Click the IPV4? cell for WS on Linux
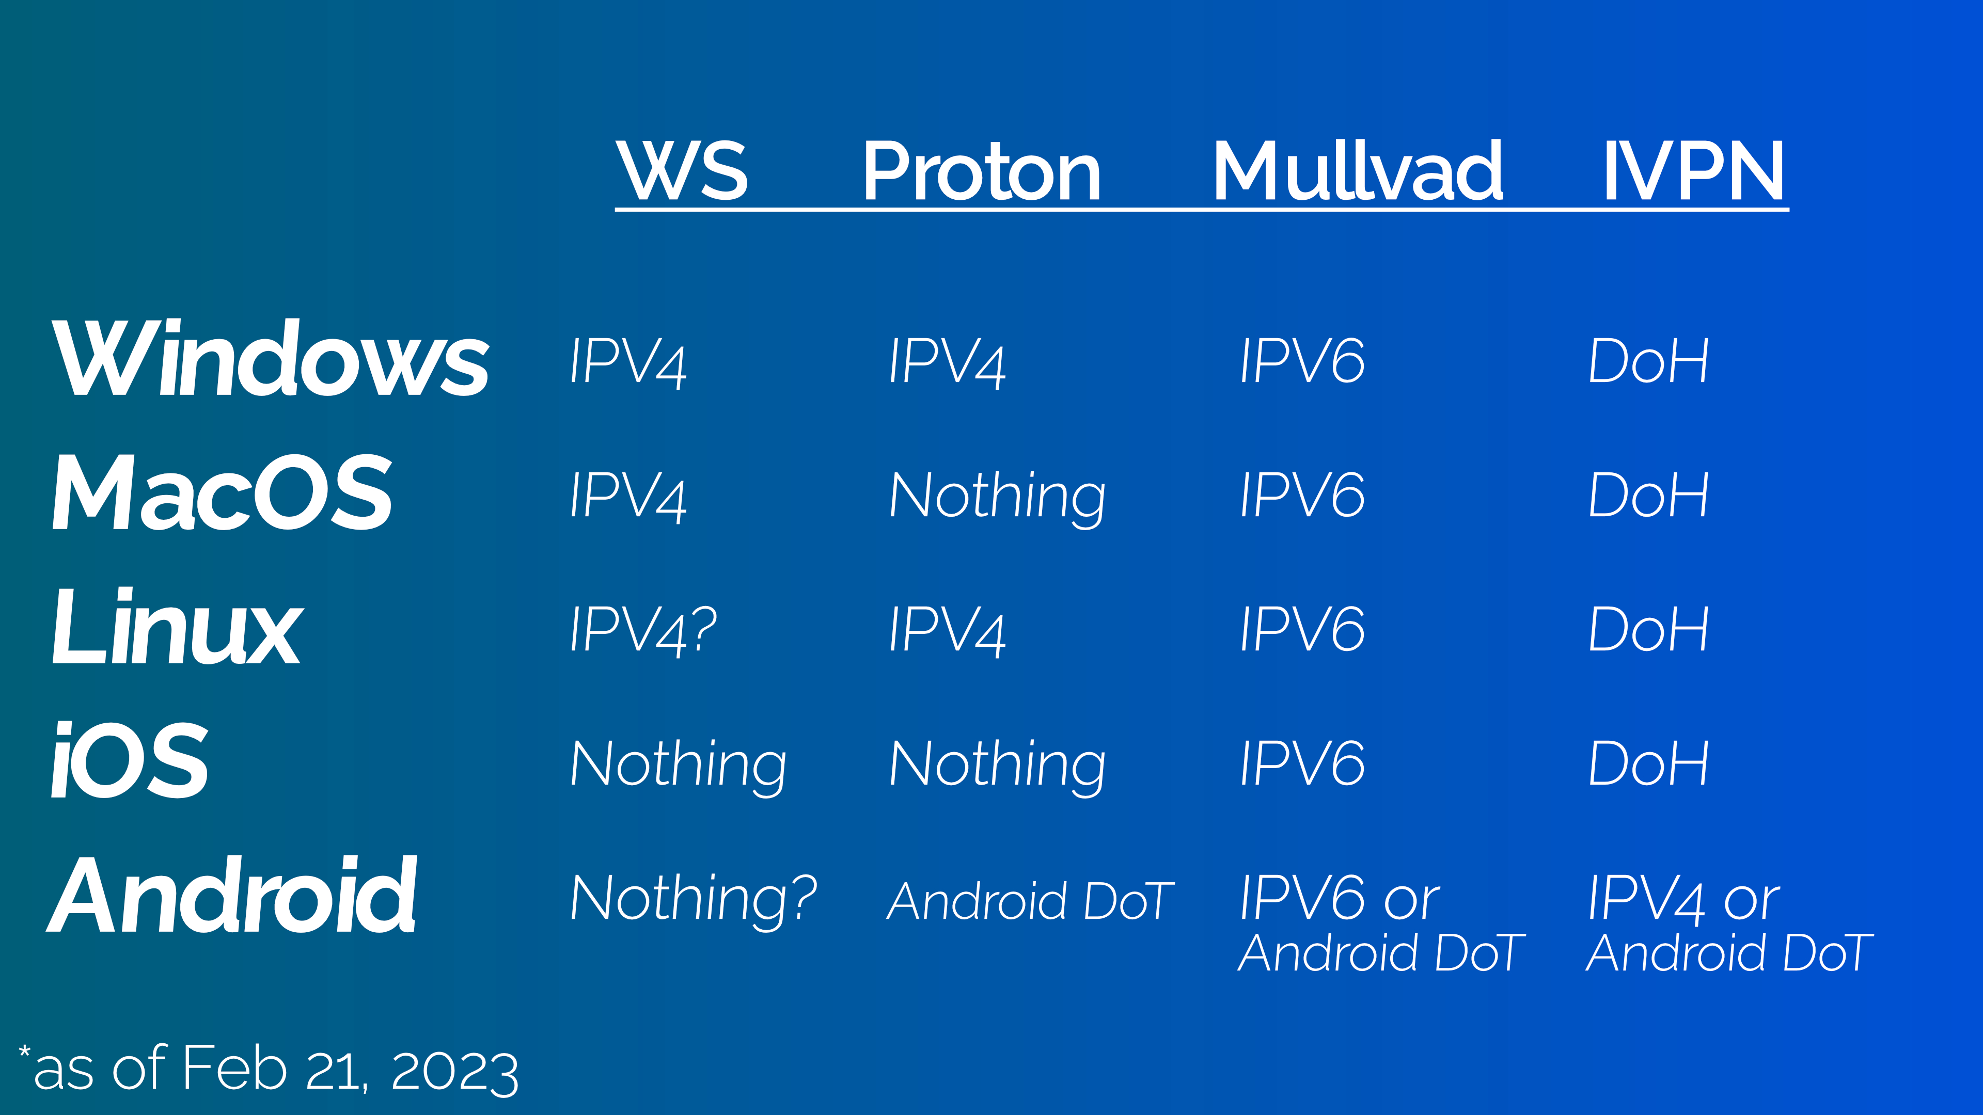click(x=643, y=629)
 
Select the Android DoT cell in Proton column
click(x=1030, y=901)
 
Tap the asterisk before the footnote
click(x=25, y=1053)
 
